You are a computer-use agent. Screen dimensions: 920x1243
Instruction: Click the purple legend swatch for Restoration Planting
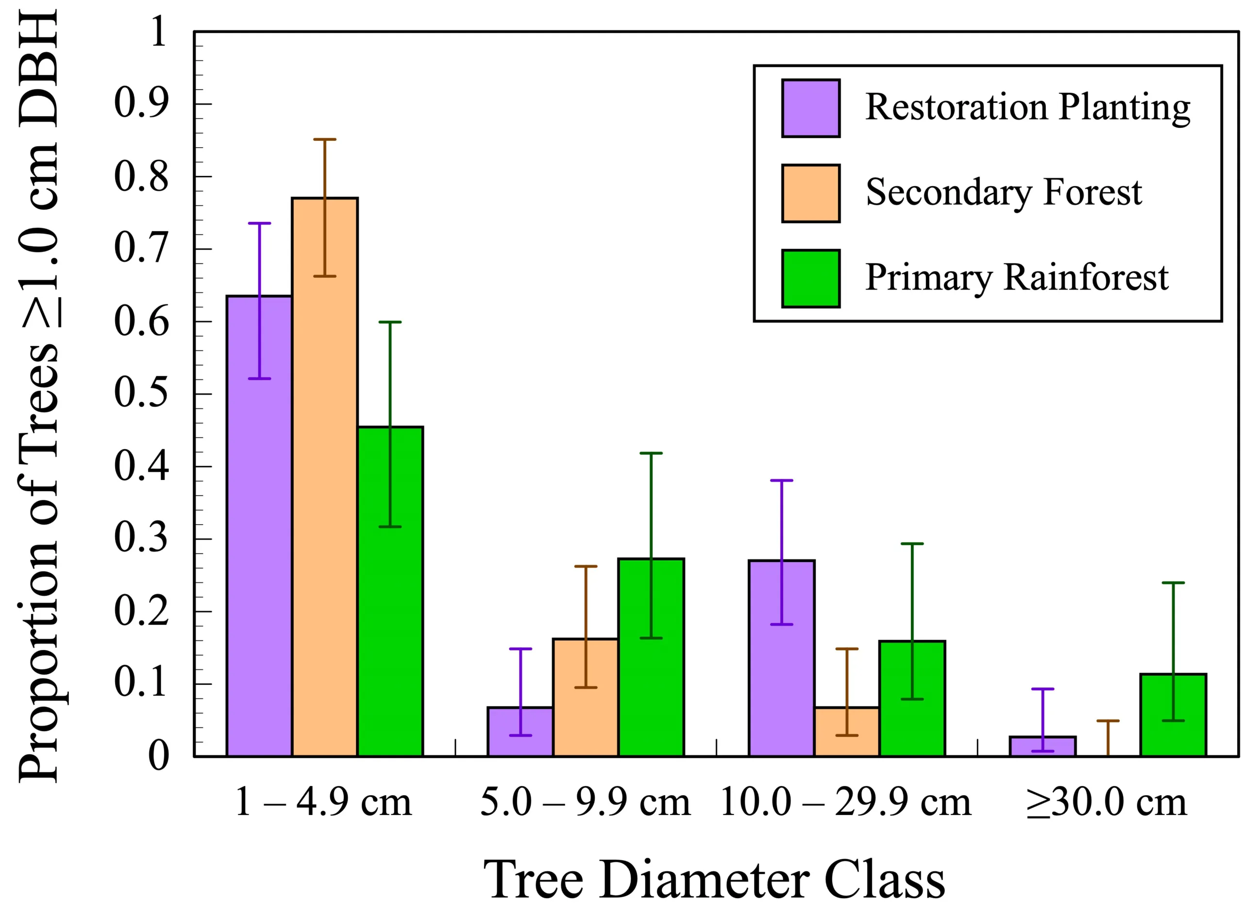[x=810, y=108]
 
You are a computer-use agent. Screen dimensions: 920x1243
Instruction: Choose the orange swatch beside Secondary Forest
[x=810, y=193]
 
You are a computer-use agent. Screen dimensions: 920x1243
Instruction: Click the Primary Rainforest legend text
[x=1016, y=278]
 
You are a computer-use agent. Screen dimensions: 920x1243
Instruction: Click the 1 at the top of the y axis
[x=158, y=32]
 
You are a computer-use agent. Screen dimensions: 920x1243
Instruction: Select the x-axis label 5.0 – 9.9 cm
[x=585, y=802]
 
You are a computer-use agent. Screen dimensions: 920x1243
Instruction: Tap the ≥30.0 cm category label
[x=1107, y=802]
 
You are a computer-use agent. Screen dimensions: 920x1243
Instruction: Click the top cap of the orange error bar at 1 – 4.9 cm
[x=324, y=139]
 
